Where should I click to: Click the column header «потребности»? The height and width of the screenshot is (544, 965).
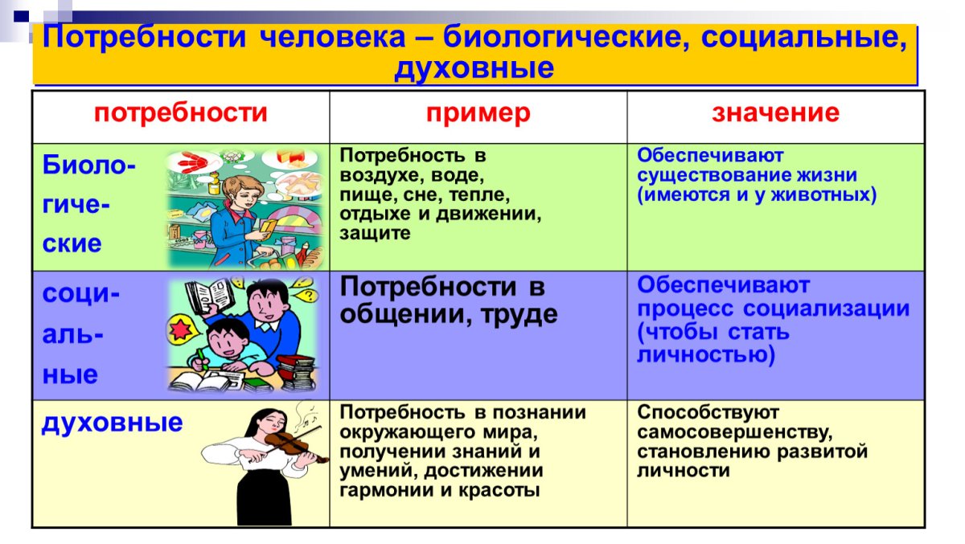click(x=180, y=113)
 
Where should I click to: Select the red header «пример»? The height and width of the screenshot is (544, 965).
click(x=478, y=114)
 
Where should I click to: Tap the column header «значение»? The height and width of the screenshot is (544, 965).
click(x=775, y=112)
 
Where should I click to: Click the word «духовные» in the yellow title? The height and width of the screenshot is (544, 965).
click(x=474, y=68)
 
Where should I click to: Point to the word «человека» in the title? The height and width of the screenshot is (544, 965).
click(x=333, y=37)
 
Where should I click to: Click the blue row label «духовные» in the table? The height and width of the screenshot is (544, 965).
click(x=112, y=423)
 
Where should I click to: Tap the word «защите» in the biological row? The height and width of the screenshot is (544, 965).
click(x=375, y=234)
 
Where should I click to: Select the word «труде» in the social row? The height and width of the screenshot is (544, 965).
click(x=519, y=314)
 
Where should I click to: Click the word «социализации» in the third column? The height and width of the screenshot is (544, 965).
click(x=827, y=309)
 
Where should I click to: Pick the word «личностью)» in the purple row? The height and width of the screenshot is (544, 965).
click(x=706, y=355)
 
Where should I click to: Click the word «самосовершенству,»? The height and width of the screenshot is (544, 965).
click(x=734, y=432)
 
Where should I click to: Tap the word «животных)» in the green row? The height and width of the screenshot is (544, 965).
click(x=823, y=195)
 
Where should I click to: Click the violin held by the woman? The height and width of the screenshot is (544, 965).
click(x=297, y=447)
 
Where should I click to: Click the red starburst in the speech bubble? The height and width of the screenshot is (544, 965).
click(x=180, y=329)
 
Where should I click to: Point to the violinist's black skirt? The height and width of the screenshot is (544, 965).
click(x=264, y=498)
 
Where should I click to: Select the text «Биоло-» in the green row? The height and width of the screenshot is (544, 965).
click(x=89, y=165)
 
